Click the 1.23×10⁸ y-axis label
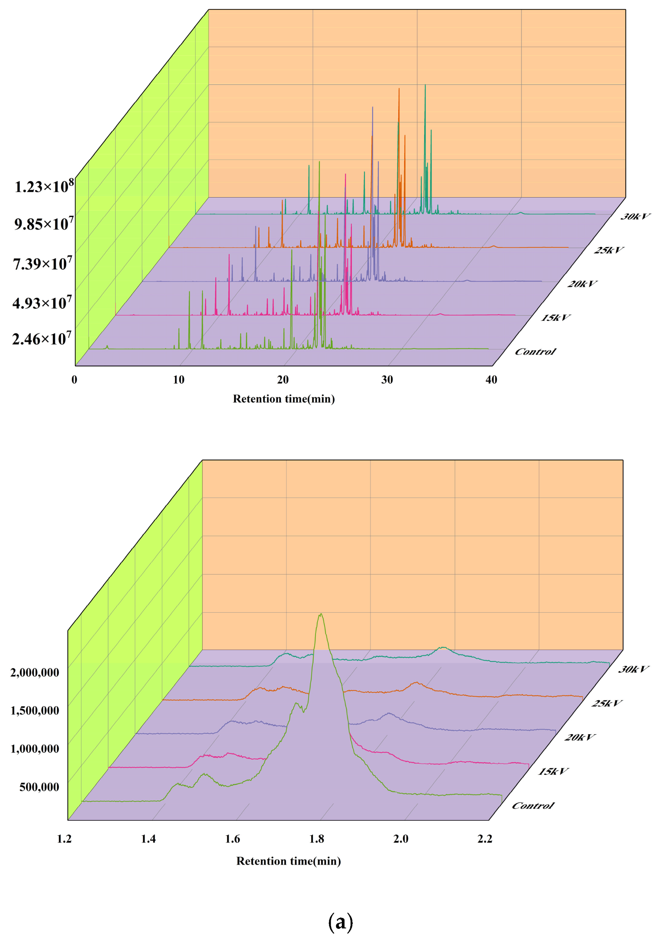44,187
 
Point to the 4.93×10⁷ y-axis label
42,303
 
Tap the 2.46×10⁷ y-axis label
42,339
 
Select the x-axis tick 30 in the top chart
387,380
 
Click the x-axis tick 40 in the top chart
491,380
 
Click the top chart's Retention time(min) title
284,399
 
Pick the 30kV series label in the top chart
635,217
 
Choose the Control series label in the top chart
535,352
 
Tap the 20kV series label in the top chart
582,284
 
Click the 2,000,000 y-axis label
35,672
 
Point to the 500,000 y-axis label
39,787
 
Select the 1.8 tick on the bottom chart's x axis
317,839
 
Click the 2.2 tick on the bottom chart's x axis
485,839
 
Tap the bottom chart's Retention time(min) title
289,861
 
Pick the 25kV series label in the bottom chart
607,703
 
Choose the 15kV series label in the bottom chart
553,771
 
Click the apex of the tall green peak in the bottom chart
321,614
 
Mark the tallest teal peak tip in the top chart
425,85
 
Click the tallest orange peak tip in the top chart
399,89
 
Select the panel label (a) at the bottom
341,922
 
